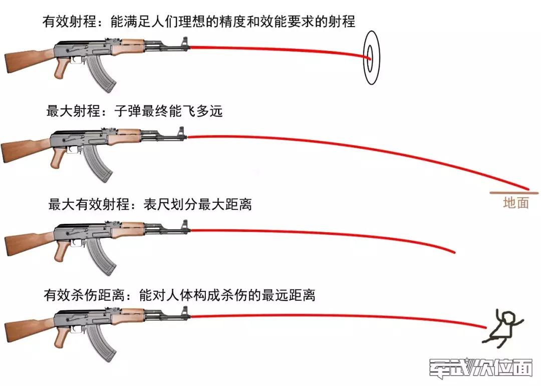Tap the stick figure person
pyautogui.click(x=503, y=327)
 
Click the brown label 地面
pyautogui.click(x=515, y=203)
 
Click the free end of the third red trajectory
pyautogui.click(x=454, y=251)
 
